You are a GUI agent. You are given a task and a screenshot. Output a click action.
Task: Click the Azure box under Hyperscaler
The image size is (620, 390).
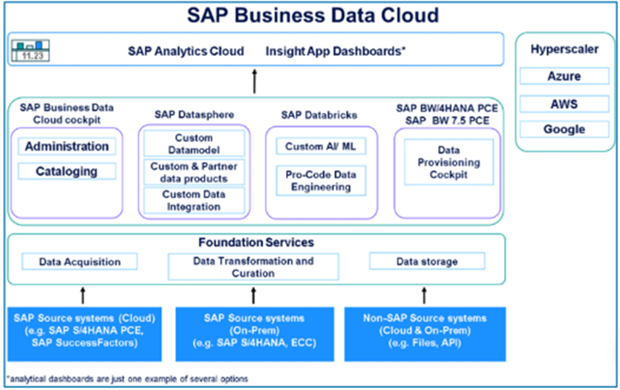564,76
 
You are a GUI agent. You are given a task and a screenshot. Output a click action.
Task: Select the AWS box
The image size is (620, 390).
564,103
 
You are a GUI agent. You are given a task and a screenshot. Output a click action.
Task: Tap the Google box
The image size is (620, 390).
564,129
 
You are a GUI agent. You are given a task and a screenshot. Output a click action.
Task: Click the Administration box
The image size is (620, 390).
67,146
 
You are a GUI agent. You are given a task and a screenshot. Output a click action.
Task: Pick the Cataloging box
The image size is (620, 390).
67,171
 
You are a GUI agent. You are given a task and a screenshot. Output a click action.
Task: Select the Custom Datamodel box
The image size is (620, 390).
194,143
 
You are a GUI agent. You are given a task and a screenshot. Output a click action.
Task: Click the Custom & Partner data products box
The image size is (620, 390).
194,173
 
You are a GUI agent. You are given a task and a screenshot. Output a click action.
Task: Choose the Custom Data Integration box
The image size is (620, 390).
194,200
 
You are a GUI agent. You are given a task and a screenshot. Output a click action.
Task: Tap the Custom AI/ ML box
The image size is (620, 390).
320,146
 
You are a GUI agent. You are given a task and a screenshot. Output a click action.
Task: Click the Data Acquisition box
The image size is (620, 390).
80,262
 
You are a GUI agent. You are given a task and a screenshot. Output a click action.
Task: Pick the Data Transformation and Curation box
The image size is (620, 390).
253,267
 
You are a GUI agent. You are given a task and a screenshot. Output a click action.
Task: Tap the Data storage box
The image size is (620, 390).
427,262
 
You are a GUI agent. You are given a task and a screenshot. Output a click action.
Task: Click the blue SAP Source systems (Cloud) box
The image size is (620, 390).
84,333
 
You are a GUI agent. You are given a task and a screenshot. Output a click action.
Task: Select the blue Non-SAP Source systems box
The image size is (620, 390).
425,333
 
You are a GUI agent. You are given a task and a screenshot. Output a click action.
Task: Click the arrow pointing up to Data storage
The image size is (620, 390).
424,294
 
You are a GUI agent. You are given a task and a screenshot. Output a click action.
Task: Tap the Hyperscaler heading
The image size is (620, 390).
565,49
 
